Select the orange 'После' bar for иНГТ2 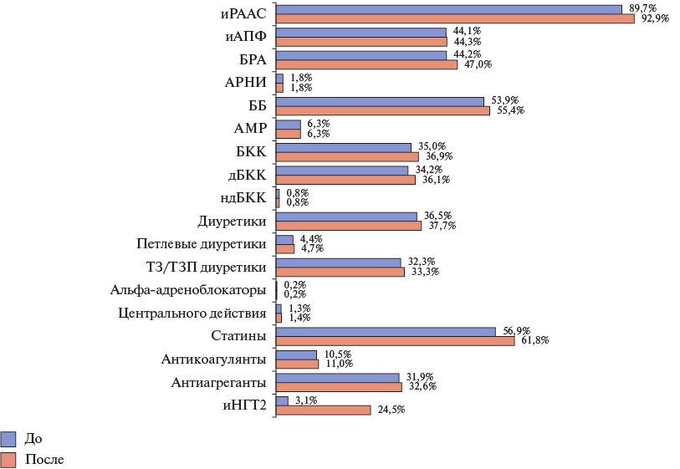[323, 410]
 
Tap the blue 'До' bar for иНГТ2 [282, 400]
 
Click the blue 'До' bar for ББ [380, 101]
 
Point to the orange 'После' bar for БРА [366, 64]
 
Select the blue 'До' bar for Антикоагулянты [296, 354]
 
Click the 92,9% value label [654, 18]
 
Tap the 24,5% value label [391, 410]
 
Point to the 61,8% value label [535, 340]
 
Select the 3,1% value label [304, 400]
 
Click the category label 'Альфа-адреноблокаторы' [188, 290]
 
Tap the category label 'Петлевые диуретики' [202, 244]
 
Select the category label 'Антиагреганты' [218, 382]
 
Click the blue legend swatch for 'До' [9, 439]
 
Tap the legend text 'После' [45, 459]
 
